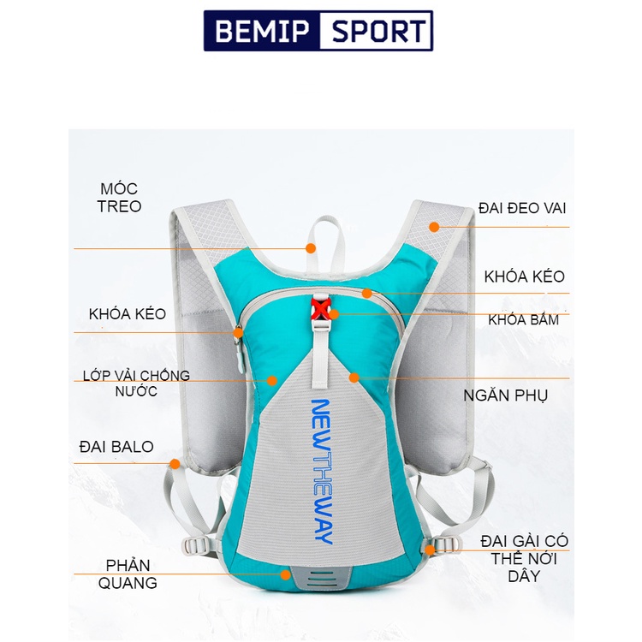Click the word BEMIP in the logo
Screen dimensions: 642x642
(x=261, y=32)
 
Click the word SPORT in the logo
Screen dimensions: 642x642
(x=374, y=32)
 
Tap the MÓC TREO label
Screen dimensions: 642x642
(x=119, y=198)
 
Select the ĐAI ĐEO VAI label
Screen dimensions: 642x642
(x=522, y=208)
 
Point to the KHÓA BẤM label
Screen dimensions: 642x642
(x=523, y=320)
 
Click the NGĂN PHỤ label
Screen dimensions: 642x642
(x=506, y=395)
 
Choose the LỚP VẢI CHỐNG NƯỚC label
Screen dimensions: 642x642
(x=137, y=383)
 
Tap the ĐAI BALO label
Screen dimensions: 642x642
(x=116, y=447)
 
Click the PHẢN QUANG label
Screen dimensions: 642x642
(x=132, y=574)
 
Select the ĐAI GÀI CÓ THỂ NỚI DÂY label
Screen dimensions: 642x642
(x=524, y=558)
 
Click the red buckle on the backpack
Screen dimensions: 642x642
(x=323, y=308)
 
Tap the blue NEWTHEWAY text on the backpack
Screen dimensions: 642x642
(x=321, y=472)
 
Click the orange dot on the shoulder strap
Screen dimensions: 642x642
(x=434, y=227)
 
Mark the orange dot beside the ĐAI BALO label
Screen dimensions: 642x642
(x=175, y=464)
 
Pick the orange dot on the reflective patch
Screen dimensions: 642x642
(x=285, y=575)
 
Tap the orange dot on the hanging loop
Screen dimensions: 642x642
(x=311, y=248)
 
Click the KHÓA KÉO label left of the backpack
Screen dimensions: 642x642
(x=128, y=314)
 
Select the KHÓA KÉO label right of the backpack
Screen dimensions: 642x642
(x=524, y=276)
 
